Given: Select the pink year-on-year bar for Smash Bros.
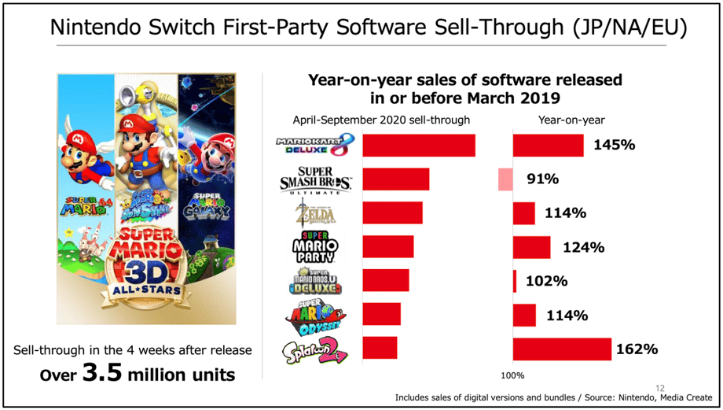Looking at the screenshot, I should tap(505, 179).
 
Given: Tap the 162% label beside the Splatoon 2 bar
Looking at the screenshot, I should tap(637, 349).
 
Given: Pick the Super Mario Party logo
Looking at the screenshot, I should tap(314, 247).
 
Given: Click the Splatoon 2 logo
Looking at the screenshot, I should tap(314, 349).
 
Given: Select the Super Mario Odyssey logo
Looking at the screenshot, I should tap(314, 314).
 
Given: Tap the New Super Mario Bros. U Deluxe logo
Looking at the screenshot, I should tap(314, 281).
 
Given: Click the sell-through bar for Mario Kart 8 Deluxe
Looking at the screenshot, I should tap(419, 146).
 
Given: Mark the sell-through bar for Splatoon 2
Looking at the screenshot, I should tap(380, 348).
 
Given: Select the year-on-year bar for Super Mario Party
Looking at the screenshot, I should tap(532, 247).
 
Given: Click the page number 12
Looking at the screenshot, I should tap(659, 387).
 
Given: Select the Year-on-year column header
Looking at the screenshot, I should tap(571, 120).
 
